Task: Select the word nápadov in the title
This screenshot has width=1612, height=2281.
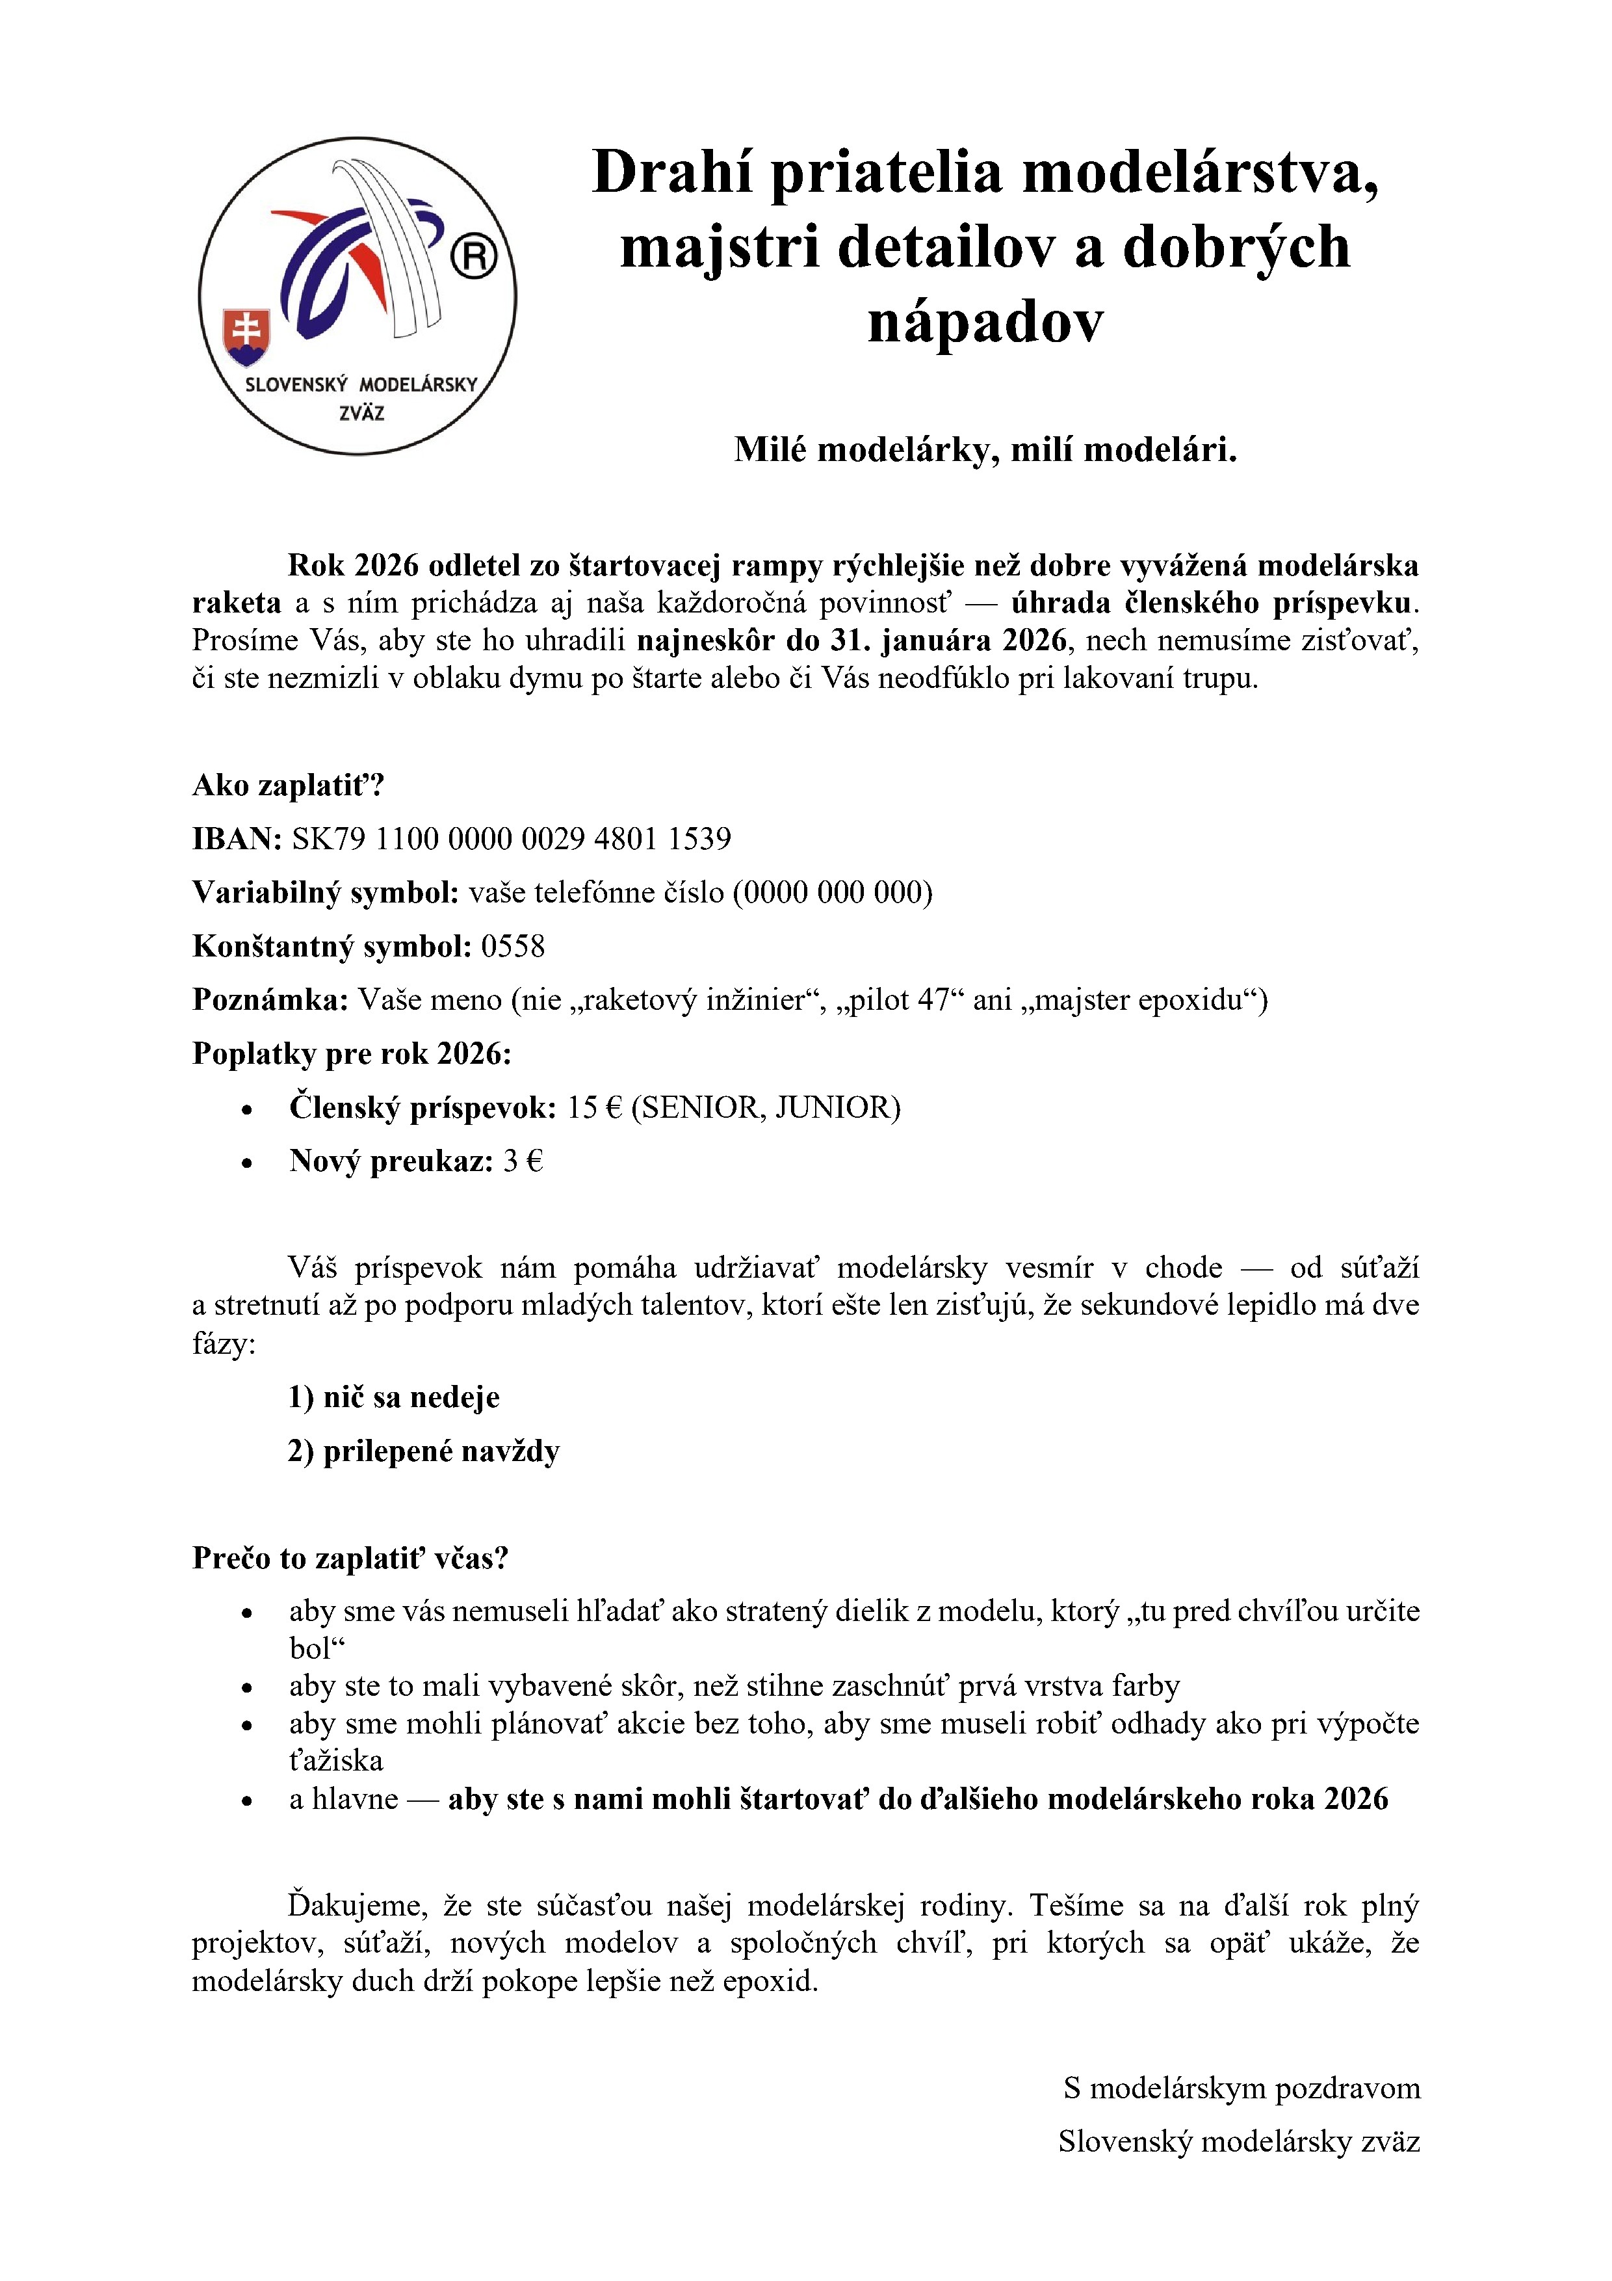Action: (985, 321)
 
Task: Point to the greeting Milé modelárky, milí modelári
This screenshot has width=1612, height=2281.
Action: (985, 450)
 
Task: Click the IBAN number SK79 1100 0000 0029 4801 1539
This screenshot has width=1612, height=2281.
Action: (512, 839)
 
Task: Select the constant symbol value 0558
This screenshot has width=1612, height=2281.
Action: (513, 946)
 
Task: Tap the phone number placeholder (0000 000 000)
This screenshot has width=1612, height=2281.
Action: (832, 892)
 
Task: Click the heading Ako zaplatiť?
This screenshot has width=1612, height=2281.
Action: (288, 785)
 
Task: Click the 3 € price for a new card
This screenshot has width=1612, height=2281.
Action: (523, 1161)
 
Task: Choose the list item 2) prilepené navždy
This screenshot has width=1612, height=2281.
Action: (424, 1451)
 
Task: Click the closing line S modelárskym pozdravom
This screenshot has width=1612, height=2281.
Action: (1241, 2087)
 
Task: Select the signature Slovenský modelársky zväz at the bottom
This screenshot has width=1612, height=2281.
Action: (1238, 2141)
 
